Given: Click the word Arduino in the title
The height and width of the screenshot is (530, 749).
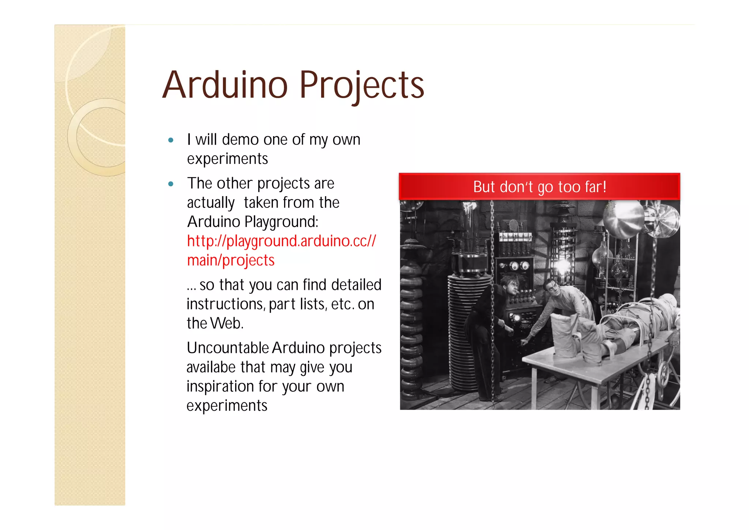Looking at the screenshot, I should (225, 85).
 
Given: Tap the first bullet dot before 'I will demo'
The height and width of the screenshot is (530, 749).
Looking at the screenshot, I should (171, 140).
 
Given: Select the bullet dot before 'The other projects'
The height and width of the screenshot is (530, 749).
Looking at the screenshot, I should (171, 184).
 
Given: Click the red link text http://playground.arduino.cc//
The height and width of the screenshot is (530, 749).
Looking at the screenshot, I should (281, 241).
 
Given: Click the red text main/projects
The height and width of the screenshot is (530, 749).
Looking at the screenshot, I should (231, 260).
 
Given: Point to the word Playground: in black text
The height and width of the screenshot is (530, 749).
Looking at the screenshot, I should (281, 222).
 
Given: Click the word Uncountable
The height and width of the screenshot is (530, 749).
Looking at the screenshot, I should (228, 348).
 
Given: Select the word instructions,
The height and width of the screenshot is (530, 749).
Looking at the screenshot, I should (226, 304).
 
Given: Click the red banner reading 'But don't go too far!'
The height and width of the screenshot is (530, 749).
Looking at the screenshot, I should (539, 187).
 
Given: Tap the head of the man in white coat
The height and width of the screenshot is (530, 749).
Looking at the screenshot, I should (550, 288).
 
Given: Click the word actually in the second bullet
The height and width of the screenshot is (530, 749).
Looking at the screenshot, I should (211, 203).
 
